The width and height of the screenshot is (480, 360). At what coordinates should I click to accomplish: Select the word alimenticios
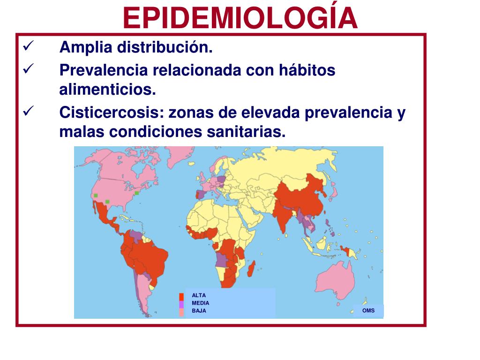107,90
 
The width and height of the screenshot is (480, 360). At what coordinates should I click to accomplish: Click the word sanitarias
246,132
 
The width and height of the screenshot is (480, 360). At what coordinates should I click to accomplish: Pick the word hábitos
307,70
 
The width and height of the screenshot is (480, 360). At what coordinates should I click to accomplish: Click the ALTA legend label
199,295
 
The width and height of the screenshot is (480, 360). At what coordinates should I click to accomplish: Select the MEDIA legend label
201,303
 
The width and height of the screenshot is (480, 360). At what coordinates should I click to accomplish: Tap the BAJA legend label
199,311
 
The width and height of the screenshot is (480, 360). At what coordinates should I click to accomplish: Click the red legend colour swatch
181,297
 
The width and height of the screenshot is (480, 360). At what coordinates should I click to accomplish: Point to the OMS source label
368,310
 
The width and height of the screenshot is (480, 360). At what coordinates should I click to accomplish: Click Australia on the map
335,281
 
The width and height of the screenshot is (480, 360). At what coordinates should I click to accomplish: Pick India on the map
283,216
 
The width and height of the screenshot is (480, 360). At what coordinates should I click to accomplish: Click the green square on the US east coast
137,193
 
